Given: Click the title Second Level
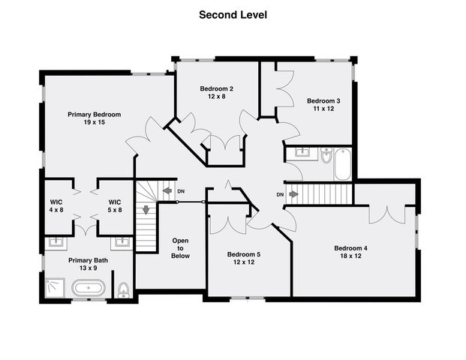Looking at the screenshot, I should coord(233,14).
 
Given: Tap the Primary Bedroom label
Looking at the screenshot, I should coord(94,115).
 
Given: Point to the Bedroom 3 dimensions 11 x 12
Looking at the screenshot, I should coord(323,109).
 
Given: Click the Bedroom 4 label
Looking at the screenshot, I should coord(350,248).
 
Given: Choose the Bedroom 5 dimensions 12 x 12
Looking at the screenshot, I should coord(244,262).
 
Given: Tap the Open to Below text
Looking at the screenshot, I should coord(180,248).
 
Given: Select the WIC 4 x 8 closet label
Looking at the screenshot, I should coord(56,206).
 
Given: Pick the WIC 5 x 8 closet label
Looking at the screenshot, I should coord(115,206).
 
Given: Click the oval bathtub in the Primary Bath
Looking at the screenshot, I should coord(88,287).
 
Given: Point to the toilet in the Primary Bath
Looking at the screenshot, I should coord(124,289).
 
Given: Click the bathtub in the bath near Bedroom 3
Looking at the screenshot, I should coord(342,164).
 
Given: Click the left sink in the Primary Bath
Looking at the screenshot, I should coord(56,242).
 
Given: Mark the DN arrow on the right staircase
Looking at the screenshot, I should coord(293,195).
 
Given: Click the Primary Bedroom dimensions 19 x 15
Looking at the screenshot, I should coord(94,123).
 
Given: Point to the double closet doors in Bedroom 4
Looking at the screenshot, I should coord(387,214).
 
